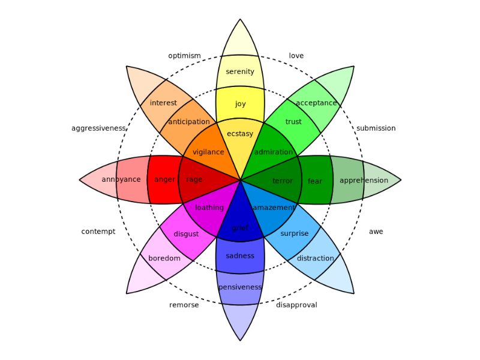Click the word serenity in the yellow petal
click(240, 72)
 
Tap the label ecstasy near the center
click(240, 134)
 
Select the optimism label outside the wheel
click(184, 56)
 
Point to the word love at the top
click(296, 56)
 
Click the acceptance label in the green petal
click(316, 103)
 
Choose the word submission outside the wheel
click(376, 128)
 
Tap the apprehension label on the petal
click(364, 181)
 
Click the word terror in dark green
click(283, 181)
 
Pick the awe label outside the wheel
click(376, 232)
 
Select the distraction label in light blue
click(315, 259)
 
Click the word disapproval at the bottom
click(296, 305)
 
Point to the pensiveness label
click(240, 287)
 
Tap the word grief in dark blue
click(240, 228)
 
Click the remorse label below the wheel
click(184, 305)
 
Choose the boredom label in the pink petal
click(164, 259)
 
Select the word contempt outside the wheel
click(98, 232)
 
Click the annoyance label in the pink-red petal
click(121, 180)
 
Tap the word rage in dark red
click(194, 179)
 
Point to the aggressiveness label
click(98, 128)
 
